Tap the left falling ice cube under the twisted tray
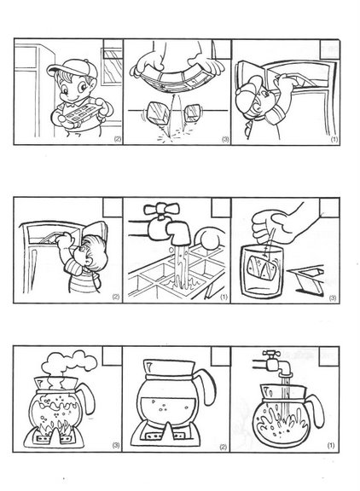(x=158, y=113)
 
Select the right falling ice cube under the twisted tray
(x=193, y=113)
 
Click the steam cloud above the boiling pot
(x=69, y=363)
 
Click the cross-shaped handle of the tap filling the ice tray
(x=161, y=209)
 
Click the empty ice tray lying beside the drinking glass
(x=306, y=280)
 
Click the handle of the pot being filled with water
(x=315, y=410)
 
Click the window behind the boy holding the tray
(x=112, y=66)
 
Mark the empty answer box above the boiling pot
(x=112, y=355)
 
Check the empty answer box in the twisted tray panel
(x=221, y=49)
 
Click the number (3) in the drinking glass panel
(x=333, y=297)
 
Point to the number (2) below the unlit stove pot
(x=224, y=447)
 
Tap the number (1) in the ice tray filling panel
(x=224, y=297)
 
